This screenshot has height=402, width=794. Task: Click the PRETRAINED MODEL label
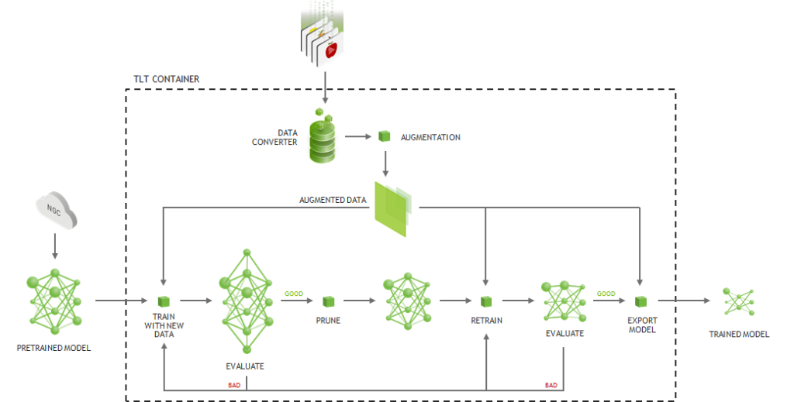pos(54,348)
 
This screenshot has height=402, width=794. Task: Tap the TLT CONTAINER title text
pos(166,79)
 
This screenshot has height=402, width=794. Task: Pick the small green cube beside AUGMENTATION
pos(384,136)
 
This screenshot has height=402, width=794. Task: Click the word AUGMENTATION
pos(430,137)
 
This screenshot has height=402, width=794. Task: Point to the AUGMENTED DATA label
pos(333,200)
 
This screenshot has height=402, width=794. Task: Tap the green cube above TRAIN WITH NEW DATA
pos(164,301)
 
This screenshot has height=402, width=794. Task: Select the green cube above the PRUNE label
pos(328,301)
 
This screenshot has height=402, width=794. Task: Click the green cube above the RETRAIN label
pos(485,301)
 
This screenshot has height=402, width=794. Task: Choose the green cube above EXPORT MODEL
pos(641,301)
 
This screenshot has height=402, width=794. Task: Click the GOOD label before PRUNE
pos(294,294)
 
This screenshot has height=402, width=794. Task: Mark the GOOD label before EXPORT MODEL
pos(606,294)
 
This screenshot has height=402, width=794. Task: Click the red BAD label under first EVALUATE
pos(233,384)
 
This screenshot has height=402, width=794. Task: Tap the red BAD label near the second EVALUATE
pos(551,384)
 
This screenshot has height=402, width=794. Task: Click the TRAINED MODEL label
pos(739,335)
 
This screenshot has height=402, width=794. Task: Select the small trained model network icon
pos(738,301)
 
